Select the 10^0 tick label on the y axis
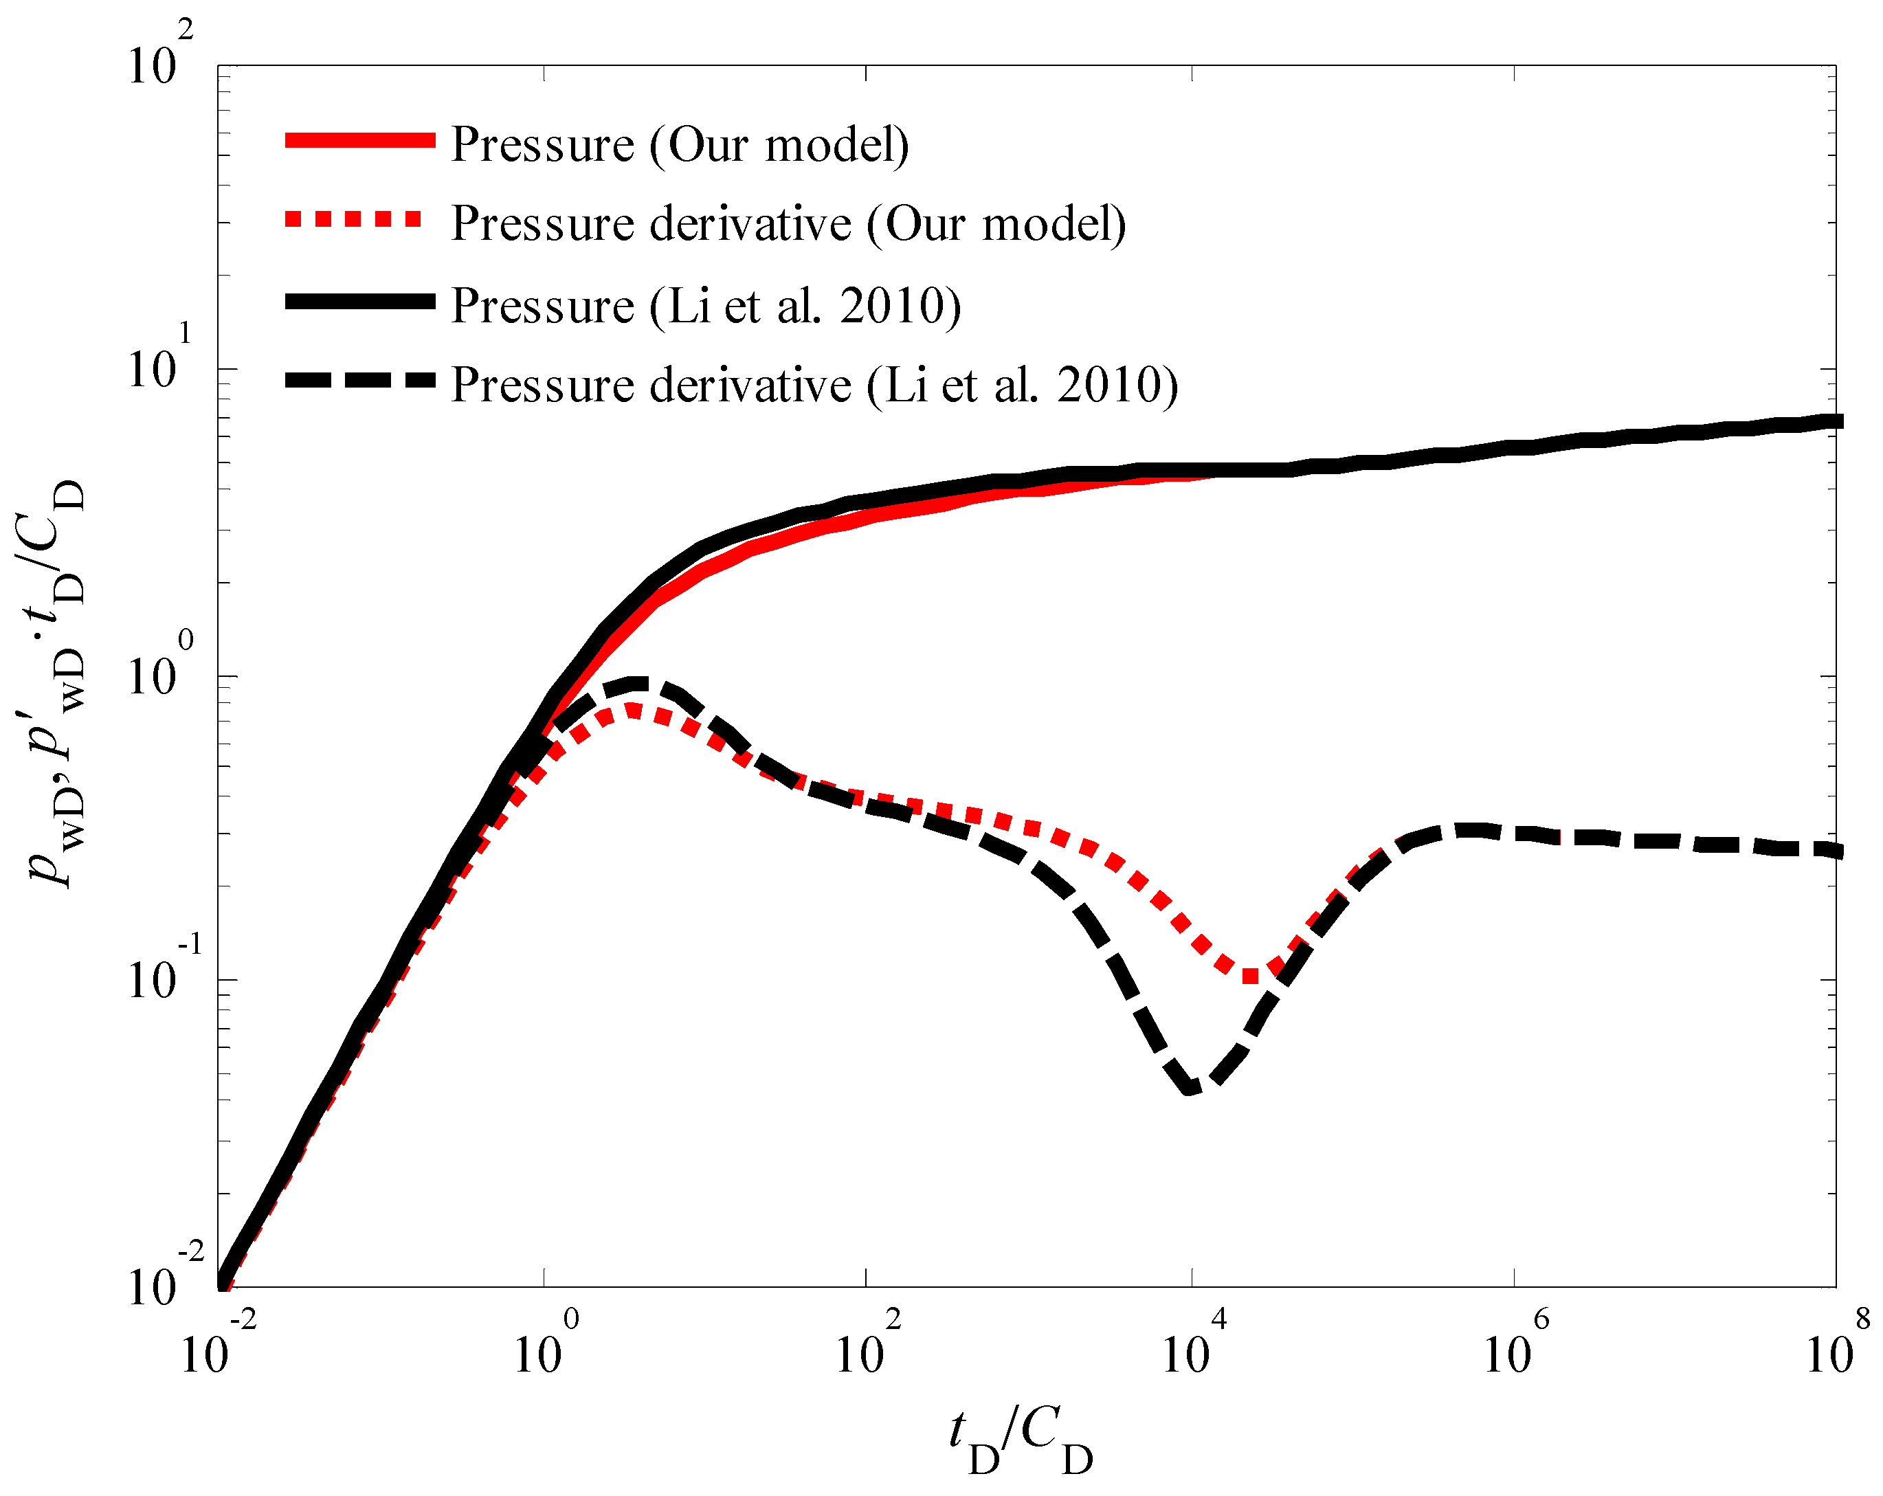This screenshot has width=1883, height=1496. point(161,668)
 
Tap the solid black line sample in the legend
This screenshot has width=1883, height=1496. point(360,301)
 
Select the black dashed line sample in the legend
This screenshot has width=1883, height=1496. point(360,380)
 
